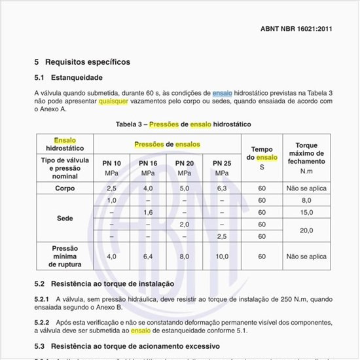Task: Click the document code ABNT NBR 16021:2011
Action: click(x=296, y=29)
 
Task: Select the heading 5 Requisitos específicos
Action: click(x=82, y=62)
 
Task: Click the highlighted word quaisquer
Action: click(x=113, y=101)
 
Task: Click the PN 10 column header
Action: click(x=111, y=162)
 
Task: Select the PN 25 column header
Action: click(x=222, y=162)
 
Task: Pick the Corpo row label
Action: click(x=64, y=188)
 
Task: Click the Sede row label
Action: click(x=64, y=219)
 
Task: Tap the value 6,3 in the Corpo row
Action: click(x=222, y=188)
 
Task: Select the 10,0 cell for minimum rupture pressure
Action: click(x=222, y=256)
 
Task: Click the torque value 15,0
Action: click(x=306, y=212)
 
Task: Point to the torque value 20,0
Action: click(x=306, y=230)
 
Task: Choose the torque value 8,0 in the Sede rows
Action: click(x=306, y=200)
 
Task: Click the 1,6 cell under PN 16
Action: click(x=149, y=212)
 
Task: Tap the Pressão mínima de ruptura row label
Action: click(x=64, y=256)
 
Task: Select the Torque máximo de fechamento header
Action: click(x=306, y=157)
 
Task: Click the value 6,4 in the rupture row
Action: click(x=149, y=256)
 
